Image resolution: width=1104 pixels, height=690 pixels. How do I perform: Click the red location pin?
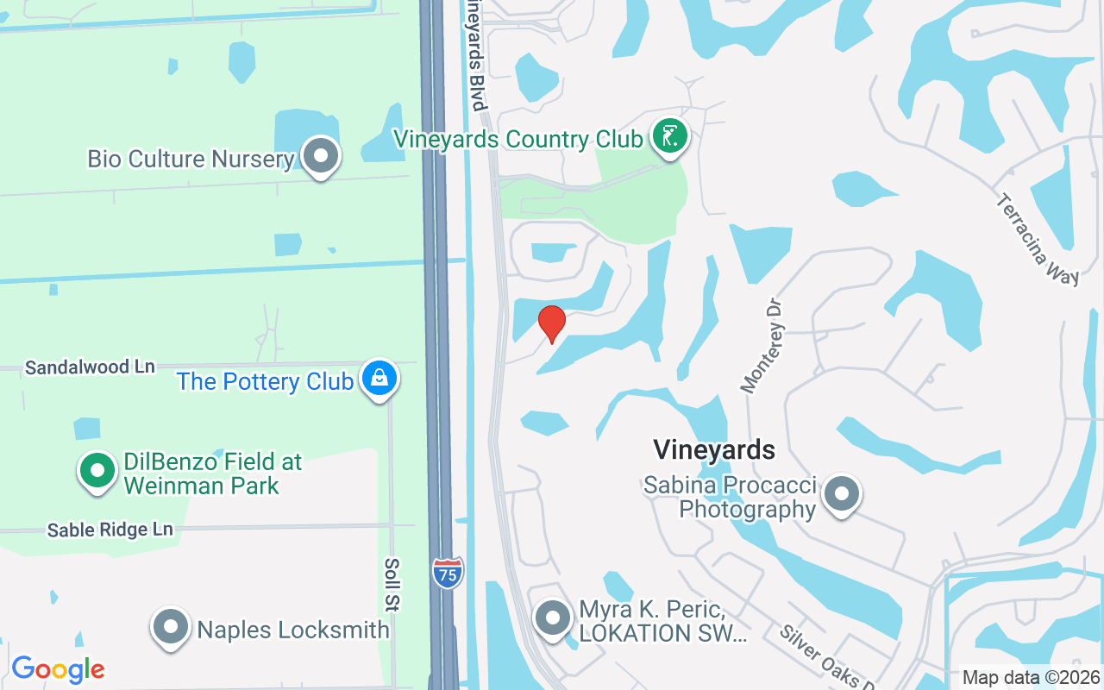point(552,323)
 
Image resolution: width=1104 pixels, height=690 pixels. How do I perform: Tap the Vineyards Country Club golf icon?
point(670,136)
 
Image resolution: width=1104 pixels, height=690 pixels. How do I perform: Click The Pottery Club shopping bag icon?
point(379,379)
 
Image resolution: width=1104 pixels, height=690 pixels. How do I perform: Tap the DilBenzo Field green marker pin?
point(97,471)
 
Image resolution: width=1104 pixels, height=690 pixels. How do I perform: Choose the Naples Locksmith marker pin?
point(171,627)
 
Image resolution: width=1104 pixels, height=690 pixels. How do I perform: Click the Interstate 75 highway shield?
point(448,573)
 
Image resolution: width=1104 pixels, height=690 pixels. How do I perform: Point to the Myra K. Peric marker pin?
point(553,618)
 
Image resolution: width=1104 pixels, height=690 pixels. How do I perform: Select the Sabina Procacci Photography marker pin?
point(841,495)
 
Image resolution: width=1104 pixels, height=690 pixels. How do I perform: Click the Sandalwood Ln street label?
point(90,367)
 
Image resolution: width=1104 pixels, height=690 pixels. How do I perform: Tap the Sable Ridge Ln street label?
point(110,530)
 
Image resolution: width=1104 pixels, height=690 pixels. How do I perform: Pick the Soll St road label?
point(391,584)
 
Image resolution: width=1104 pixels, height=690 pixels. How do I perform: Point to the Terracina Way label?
point(1037,239)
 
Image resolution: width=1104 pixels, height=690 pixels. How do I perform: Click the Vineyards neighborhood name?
point(713,449)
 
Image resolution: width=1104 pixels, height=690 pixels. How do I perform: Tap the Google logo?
point(58,669)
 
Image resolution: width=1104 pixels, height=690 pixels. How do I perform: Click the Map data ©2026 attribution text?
point(1030,678)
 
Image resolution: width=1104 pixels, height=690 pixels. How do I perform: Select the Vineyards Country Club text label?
point(517,139)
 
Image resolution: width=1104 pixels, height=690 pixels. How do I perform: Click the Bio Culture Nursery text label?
point(191,159)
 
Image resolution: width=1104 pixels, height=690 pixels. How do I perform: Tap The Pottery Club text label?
point(265,381)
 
